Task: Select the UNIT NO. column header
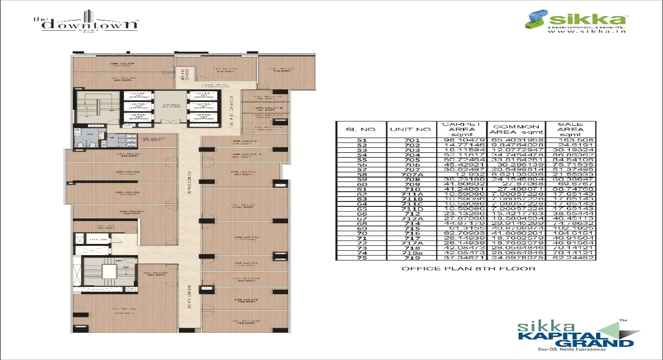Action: [x=411, y=129]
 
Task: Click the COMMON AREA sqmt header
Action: [x=516, y=129]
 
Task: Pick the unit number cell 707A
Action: [x=411, y=174]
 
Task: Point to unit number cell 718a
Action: [x=411, y=253]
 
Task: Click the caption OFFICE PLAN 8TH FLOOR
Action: [x=468, y=268]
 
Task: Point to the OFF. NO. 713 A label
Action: [x=244, y=155]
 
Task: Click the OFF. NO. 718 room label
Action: [x=244, y=300]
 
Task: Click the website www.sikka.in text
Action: [x=586, y=31]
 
